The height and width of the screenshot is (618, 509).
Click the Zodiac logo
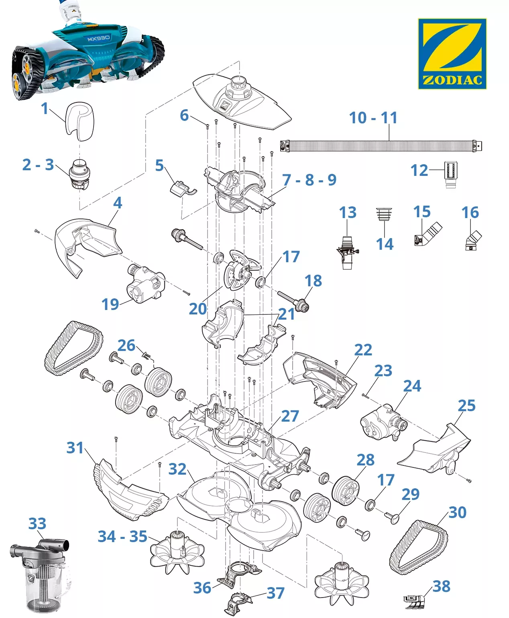pyautogui.click(x=452, y=53)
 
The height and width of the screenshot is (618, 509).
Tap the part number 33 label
pyautogui.click(x=37, y=524)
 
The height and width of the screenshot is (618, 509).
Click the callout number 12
pyautogui.click(x=419, y=170)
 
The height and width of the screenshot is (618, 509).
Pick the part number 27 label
pyautogui.click(x=290, y=416)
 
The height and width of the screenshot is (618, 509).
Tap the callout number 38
pyautogui.click(x=442, y=586)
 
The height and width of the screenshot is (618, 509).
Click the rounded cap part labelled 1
pyautogui.click(x=80, y=120)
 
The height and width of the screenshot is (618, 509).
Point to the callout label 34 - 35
pyautogui.click(x=122, y=536)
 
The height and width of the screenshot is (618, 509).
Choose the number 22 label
pyautogui.click(x=363, y=350)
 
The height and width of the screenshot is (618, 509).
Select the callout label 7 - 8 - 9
pyautogui.click(x=309, y=180)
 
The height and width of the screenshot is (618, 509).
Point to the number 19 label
pyautogui.click(x=110, y=304)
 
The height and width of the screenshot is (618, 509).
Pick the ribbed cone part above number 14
pyautogui.click(x=384, y=214)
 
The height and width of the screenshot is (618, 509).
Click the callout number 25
pyautogui.click(x=466, y=406)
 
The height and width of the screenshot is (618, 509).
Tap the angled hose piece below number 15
pyautogui.click(x=428, y=235)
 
